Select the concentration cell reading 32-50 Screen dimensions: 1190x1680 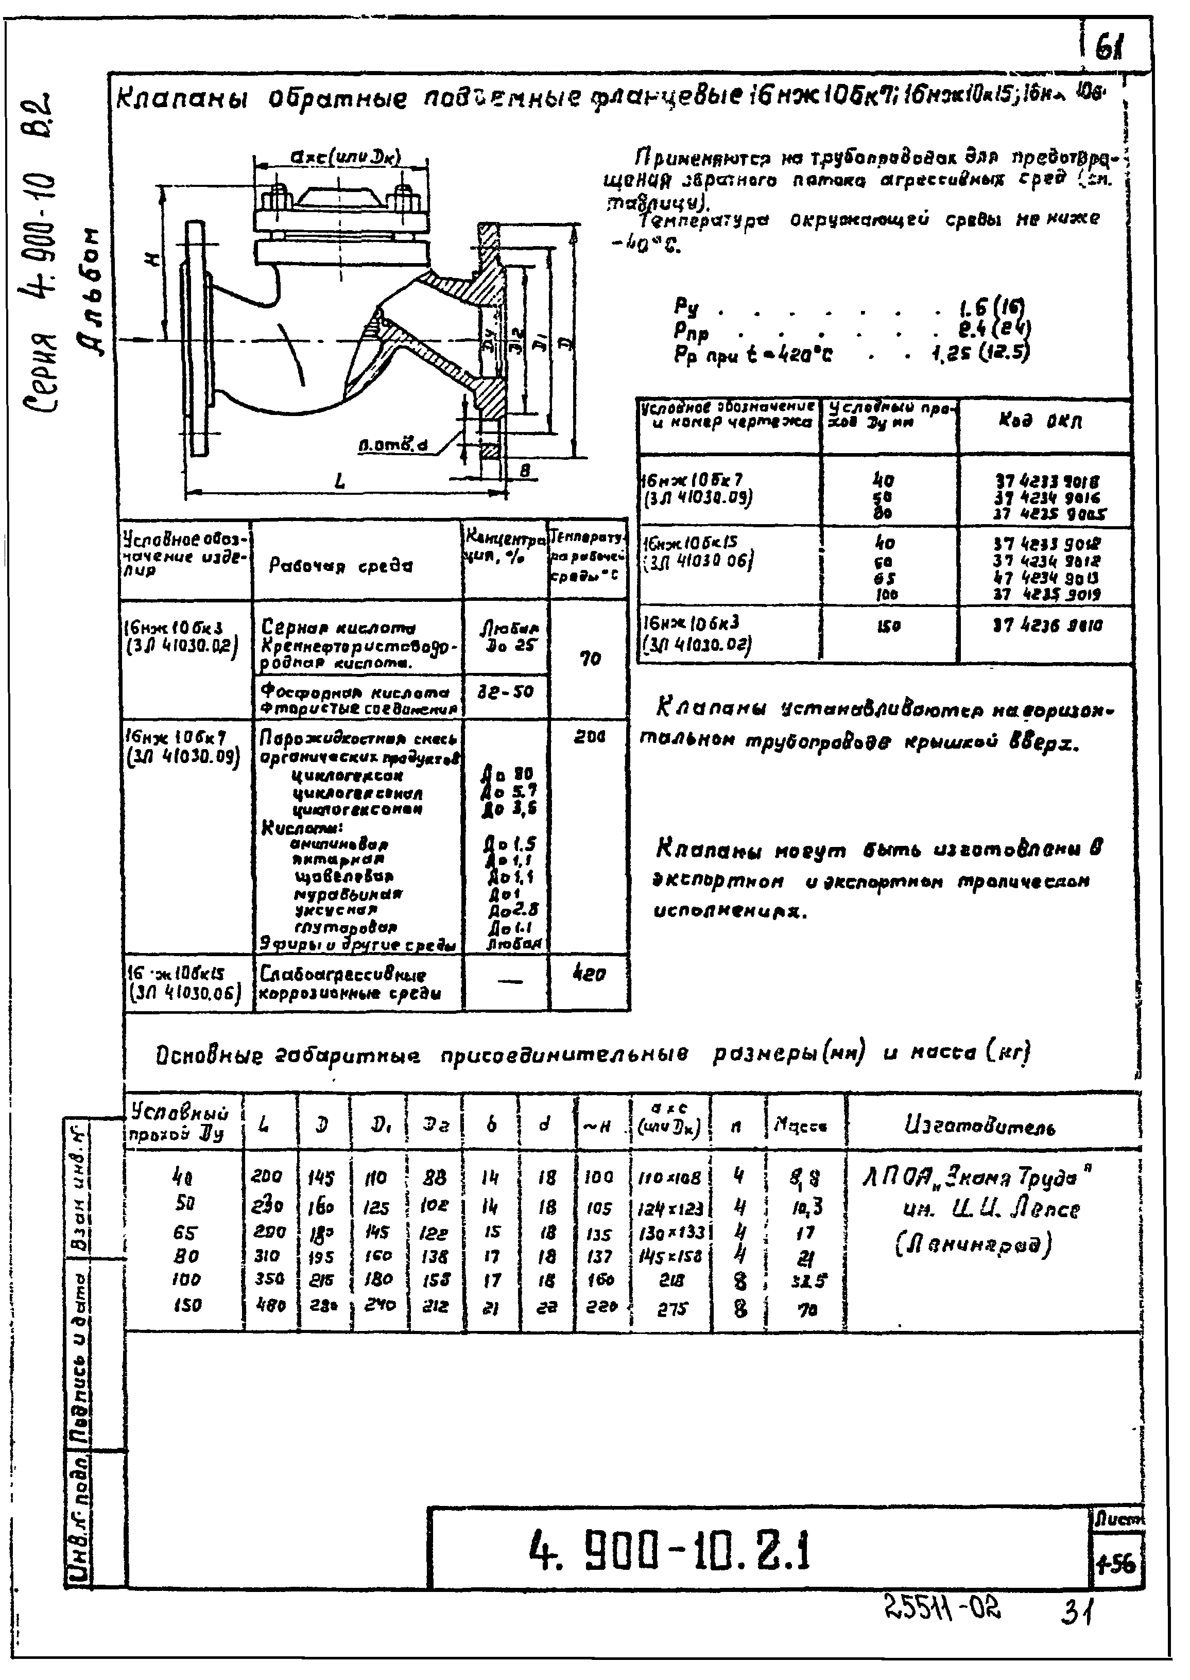pos(506,691)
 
